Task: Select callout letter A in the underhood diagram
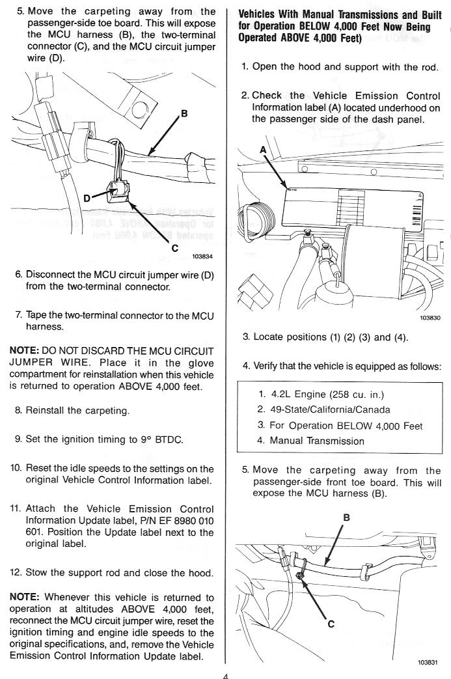(x=263, y=150)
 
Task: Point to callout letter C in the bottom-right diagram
(x=331, y=624)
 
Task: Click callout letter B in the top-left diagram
(x=184, y=114)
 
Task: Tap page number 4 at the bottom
(x=225, y=675)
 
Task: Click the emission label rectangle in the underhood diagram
(x=351, y=208)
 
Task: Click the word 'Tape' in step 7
(x=37, y=316)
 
